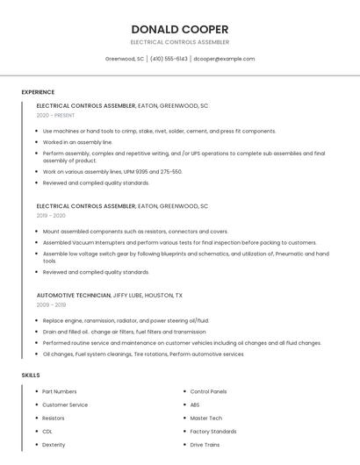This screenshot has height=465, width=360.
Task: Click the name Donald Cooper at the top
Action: tap(180, 29)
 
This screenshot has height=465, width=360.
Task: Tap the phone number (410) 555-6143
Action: tap(169, 59)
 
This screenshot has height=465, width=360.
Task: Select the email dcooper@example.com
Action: tap(224, 59)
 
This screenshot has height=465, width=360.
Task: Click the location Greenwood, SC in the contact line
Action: tap(125, 59)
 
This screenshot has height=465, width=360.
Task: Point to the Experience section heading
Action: tap(38, 92)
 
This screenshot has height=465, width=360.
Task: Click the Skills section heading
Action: tap(31, 376)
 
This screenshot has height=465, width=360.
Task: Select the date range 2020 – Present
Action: tap(55, 115)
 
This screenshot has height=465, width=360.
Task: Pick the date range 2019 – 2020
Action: tap(51, 216)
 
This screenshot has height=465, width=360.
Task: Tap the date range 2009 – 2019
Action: tap(51, 305)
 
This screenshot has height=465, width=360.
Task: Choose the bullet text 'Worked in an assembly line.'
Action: tap(77, 142)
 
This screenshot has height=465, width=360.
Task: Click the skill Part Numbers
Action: tap(59, 391)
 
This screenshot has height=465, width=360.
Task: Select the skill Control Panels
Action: tap(208, 391)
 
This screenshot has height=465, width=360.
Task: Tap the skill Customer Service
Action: tap(65, 404)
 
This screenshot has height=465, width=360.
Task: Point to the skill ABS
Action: tap(195, 404)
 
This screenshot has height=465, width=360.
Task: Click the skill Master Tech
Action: tap(205, 418)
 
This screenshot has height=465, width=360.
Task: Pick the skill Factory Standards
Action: tap(212, 432)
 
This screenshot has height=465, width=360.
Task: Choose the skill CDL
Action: tap(47, 432)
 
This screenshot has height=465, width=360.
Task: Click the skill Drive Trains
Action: tap(205, 445)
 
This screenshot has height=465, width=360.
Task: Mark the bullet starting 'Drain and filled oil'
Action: tap(124, 333)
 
